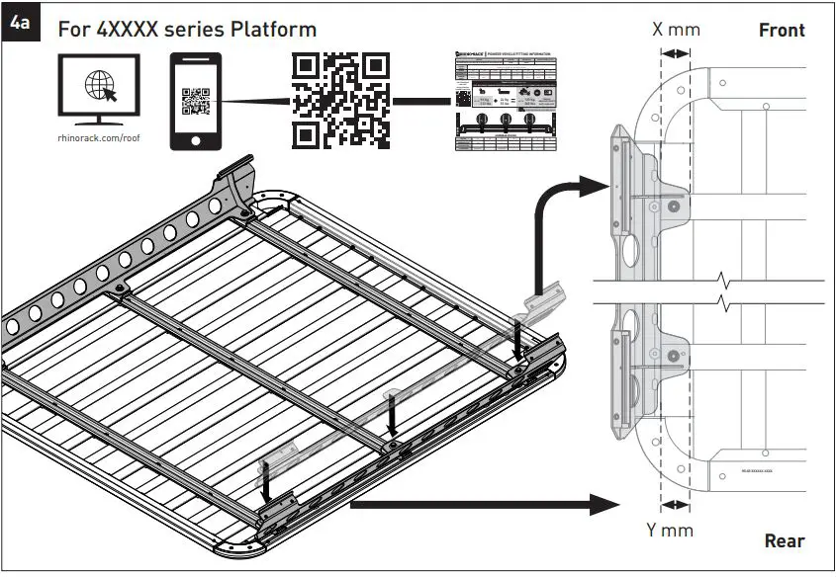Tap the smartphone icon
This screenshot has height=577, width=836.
point(196,101)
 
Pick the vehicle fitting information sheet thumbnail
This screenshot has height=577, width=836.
point(505,101)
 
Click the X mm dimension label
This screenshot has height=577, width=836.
point(676,29)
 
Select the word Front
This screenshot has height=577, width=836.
point(782,30)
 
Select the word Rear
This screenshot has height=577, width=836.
point(784,541)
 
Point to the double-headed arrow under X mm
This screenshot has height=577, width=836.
point(676,54)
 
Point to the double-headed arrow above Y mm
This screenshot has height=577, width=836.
point(676,505)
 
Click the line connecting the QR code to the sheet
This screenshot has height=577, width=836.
point(421,101)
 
